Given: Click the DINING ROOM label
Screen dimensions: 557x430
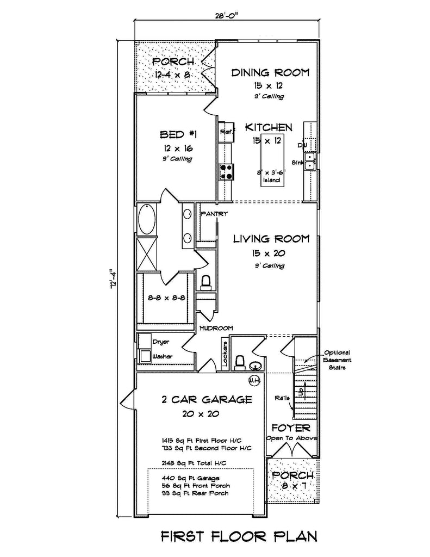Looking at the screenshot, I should (270, 72).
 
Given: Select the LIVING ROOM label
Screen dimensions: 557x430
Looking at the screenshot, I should (271, 238).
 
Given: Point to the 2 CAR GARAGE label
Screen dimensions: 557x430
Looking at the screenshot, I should (207, 400).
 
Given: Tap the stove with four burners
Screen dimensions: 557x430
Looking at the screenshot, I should (226, 172).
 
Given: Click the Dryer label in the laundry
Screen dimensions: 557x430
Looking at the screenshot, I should (161, 342).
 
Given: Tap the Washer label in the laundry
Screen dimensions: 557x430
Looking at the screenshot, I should (163, 356).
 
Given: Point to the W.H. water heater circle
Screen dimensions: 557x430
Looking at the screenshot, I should (253, 379).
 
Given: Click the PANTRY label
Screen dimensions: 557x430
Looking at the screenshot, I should (214, 214).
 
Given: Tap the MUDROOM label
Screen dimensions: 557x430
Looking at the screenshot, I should (216, 328).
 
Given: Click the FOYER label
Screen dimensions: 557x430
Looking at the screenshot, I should (291, 428).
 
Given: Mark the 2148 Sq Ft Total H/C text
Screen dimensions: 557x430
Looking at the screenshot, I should (194, 462).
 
